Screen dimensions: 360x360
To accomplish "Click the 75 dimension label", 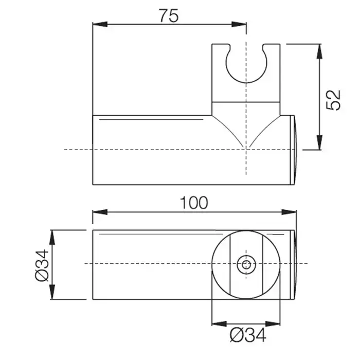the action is coord(169,16).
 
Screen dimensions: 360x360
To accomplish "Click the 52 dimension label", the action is coord(333,100).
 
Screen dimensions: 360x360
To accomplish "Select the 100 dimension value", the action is coord(194,203).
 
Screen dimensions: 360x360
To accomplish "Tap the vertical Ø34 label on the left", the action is coord(42,266).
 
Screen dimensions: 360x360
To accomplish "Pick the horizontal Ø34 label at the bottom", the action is coord(248,335).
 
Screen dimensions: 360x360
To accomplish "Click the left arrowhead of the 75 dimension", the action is coord(100,24).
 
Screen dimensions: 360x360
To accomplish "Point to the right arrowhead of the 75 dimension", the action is coord(239,24).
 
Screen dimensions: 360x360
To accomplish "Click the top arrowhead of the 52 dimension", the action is coord(319,51).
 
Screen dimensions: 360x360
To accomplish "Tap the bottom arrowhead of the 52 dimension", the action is coord(319,142).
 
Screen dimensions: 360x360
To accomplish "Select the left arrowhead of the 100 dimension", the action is coord(100,212).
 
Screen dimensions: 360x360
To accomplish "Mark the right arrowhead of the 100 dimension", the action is coord(289,212).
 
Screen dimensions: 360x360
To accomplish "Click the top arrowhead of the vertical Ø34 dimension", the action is coord(52,238).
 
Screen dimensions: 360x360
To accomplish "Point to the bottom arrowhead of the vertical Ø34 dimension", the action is coord(52,292).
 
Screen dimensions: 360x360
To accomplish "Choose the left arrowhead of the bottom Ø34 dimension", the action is coord(219,324).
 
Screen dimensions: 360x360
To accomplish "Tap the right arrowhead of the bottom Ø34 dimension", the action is coord(273,324).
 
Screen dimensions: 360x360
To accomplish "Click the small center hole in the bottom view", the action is coord(246,265).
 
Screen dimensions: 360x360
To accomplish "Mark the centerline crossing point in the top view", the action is coord(246,150).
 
